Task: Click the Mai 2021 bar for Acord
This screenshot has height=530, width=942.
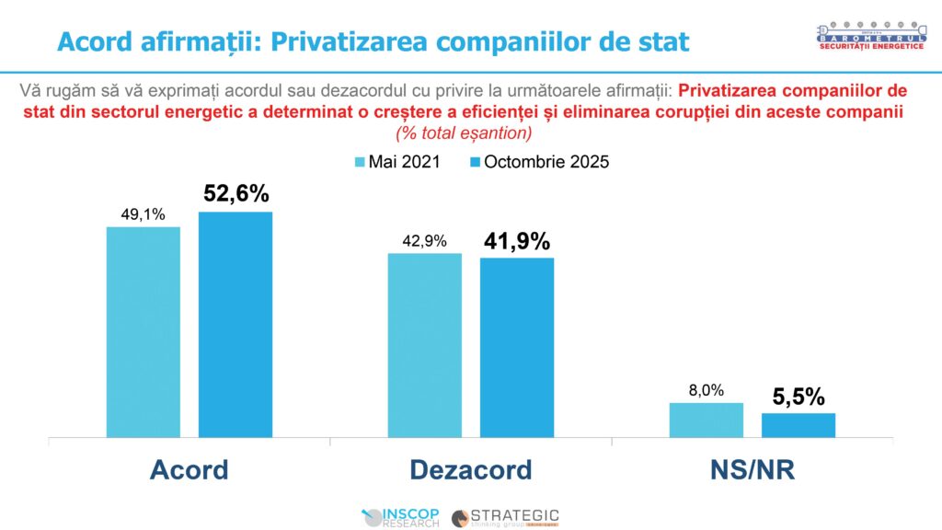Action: tap(143, 332)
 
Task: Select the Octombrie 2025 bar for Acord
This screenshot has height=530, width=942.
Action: tap(235, 325)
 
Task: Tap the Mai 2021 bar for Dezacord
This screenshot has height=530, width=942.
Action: tap(424, 345)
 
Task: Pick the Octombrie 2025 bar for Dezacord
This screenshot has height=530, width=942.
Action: tap(517, 348)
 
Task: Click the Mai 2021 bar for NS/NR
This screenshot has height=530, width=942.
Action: tap(706, 421)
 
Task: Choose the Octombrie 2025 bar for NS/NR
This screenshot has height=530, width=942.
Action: tap(798, 426)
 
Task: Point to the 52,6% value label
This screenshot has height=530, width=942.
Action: tap(235, 194)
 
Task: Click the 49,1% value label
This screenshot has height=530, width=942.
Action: tap(143, 214)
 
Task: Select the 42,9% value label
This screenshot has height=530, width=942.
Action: tap(424, 241)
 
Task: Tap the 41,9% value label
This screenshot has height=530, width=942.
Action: tap(517, 241)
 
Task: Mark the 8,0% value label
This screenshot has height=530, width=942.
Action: tap(706, 390)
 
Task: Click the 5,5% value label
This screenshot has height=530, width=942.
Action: tap(798, 397)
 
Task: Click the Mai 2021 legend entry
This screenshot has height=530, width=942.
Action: tap(396, 162)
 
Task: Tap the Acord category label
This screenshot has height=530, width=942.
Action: tap(189, 469)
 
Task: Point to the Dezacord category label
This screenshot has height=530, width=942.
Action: tap(470, 469)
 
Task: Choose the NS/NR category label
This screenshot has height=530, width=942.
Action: tap(752, 469)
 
